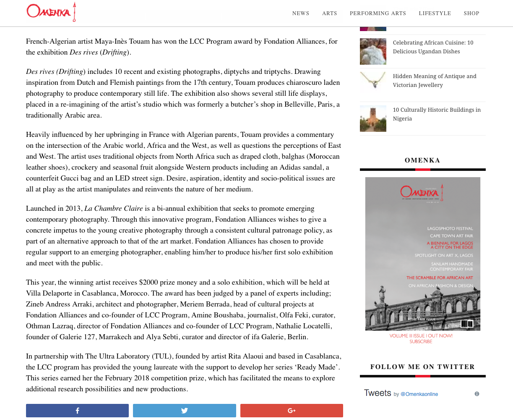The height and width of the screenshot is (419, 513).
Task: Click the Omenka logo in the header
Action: (51, 12)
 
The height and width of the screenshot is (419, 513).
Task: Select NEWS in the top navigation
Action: (300, 13)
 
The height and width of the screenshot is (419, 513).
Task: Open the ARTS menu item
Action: (329, 13)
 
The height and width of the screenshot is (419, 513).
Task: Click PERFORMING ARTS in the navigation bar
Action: (378, 13)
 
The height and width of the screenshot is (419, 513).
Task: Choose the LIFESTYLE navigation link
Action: (435, 13)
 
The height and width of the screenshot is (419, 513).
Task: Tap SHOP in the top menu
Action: (471, 13)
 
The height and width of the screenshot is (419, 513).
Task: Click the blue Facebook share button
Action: (77, 411)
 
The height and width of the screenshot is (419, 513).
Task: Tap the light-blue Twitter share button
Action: (184, 411)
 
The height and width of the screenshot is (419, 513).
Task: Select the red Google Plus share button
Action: (292, 411)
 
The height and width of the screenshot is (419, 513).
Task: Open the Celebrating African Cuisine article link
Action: (433, 47)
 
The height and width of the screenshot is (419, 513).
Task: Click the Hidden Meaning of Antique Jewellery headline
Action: (434, 81)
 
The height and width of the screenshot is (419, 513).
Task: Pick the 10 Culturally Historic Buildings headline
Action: (436, 114)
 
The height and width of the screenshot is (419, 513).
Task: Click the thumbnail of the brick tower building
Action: (373, 119)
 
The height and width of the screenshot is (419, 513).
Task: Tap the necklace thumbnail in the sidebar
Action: (373, 80)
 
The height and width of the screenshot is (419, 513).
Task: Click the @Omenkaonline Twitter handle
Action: (419, 394)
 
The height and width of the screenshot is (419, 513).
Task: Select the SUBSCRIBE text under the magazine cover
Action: (421, 342)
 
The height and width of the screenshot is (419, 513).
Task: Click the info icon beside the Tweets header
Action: (477, 394)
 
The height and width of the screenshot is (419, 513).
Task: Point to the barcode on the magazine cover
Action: (466, 324)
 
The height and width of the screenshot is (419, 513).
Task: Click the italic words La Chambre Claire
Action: (114, 209)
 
